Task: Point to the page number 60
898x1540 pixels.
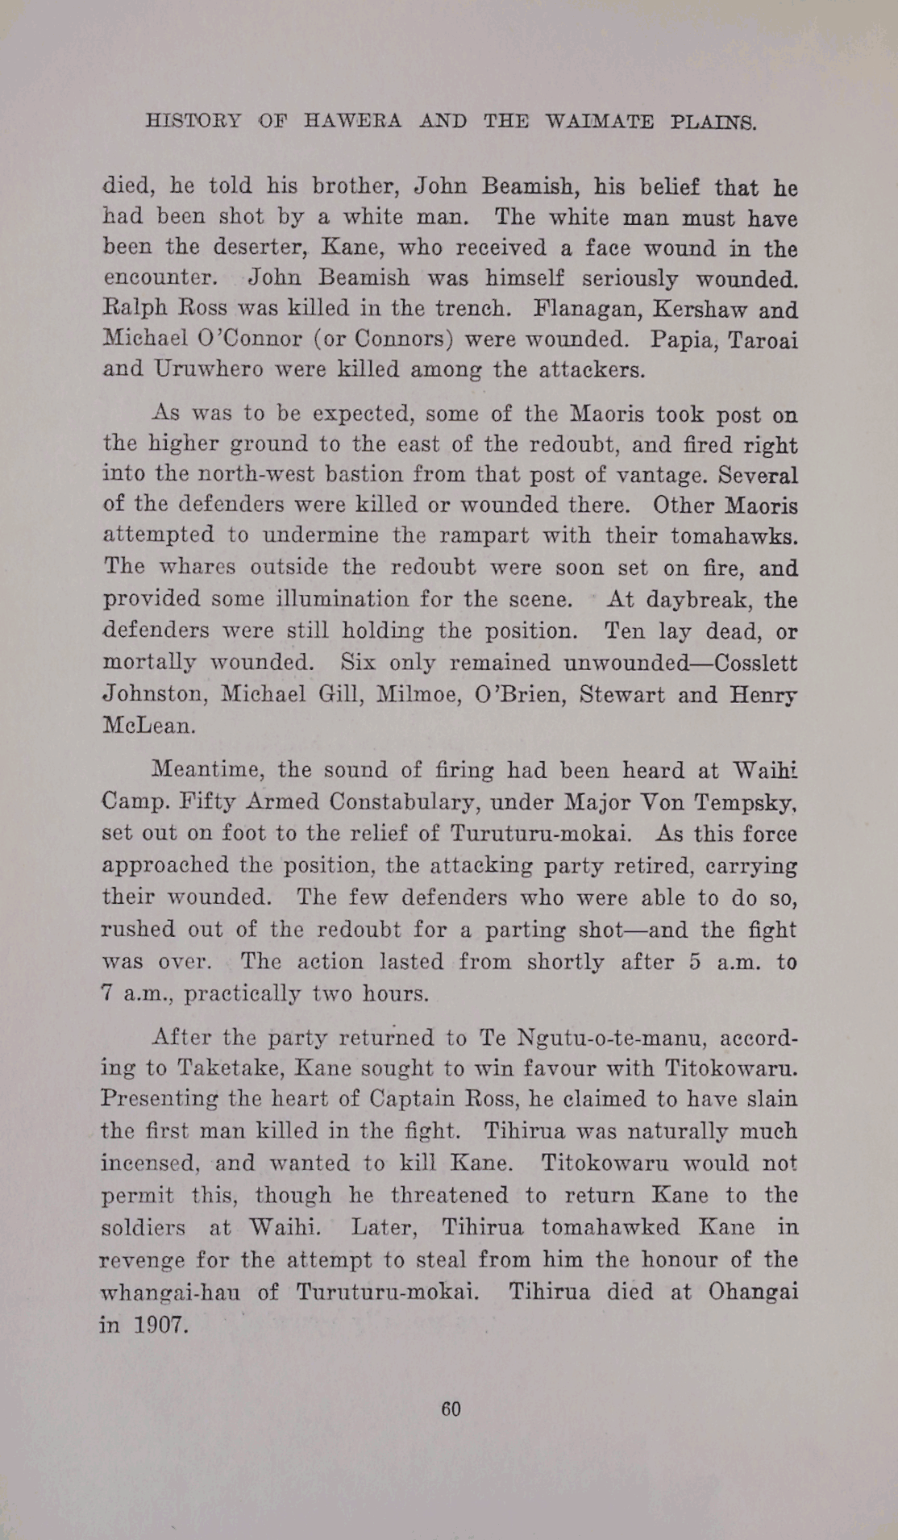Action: (x=451, y=1409)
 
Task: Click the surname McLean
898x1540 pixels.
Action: (x=148, y=725)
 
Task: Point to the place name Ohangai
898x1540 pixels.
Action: (x=753, y=1292)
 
